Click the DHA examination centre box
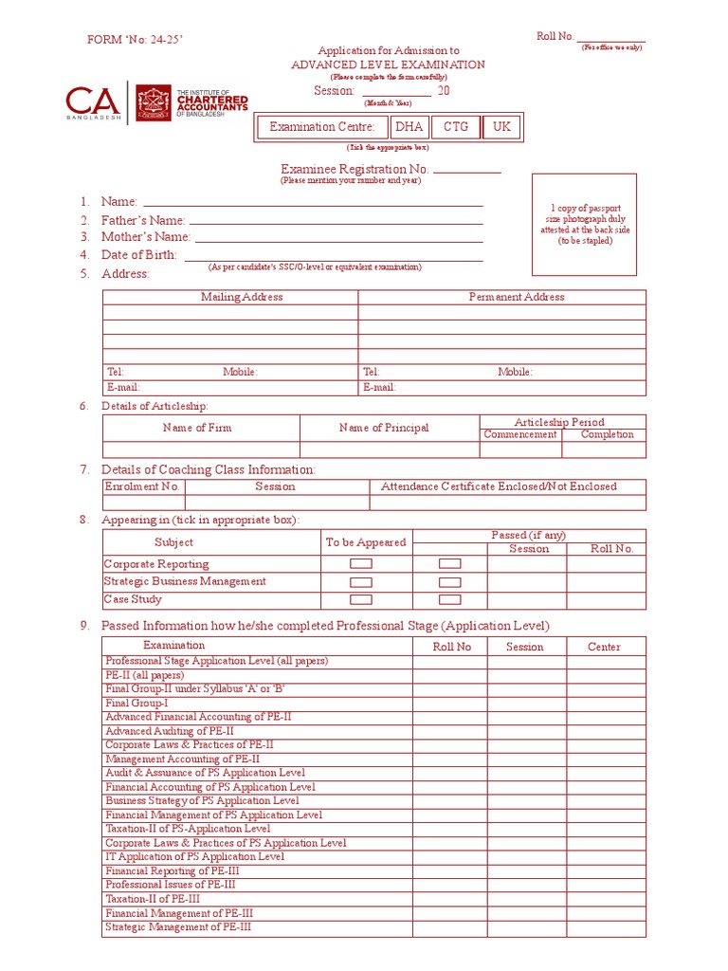point(409,127)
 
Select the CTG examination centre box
point(456,127)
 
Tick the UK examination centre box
point(501,127)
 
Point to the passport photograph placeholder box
point(584,225)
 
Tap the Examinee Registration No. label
point(355,169)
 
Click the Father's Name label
point(143,220)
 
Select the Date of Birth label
point(139,255)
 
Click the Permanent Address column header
point(517,297)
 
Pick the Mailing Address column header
point(242,297)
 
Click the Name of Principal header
point(384,428)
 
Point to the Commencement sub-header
point(520,434)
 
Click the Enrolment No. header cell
point(142,486)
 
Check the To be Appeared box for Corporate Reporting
point(361,563)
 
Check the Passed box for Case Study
point(450,599)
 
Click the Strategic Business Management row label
point(185,581)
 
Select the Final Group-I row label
point(136,703)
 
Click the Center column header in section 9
point(604,647)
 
